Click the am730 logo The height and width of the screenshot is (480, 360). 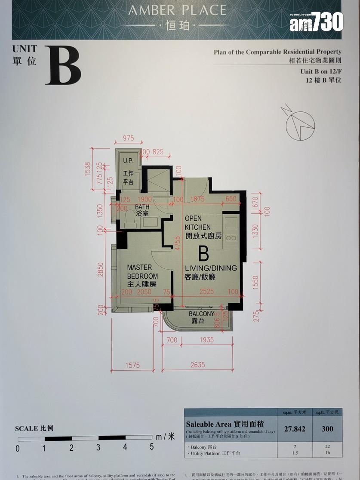(316, 22)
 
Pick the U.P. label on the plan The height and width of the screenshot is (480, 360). (128, 161)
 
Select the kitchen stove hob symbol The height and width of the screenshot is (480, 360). (231, 237)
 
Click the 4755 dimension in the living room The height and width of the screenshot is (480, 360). (177, 249)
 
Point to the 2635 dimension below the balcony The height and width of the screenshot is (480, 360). (198, 365)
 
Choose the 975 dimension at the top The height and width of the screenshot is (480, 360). (128, 138)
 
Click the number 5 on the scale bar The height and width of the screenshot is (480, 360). (151, 447)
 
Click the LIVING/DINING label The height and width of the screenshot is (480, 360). (211, 272)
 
